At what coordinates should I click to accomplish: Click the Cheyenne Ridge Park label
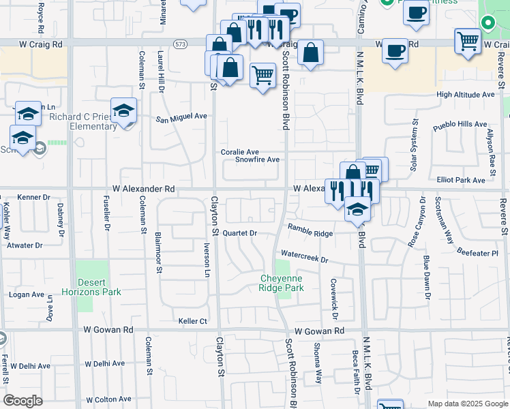click(280, 283)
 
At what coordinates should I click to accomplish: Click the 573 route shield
click(180, 44)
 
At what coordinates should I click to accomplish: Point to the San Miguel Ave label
click(181, 117)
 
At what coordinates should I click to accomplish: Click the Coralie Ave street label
click(239, 152)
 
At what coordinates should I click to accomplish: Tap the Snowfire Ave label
click(257, 160)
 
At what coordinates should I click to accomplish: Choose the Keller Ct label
click(192, 320)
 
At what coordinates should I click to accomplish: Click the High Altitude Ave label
click(466, 95)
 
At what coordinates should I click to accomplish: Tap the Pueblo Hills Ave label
click(460, 126)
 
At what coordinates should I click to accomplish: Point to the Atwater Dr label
click(25, 245)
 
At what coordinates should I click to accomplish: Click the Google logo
click(22, 400)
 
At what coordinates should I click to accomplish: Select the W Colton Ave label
click(108, 399)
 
